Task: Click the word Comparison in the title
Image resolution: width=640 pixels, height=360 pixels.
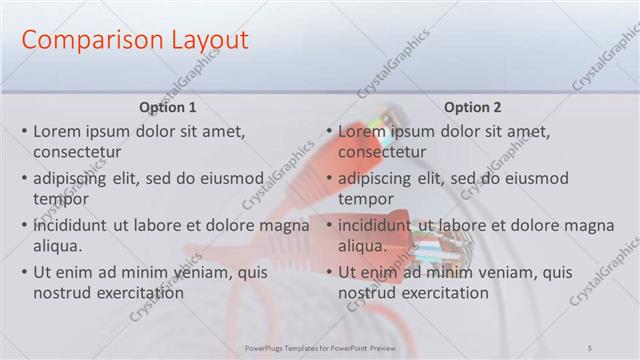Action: [85, 41]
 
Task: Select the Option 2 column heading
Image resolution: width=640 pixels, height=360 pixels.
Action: [473, 107]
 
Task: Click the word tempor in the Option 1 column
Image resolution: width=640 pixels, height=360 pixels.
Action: [61, 199]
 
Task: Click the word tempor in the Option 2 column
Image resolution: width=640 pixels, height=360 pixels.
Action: [366, 199]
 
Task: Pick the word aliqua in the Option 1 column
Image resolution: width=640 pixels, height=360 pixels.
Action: [57, 246]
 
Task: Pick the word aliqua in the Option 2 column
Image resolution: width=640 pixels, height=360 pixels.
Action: [362, 246]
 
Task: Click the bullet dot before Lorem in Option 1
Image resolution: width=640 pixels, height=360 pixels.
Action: [24, 131]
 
